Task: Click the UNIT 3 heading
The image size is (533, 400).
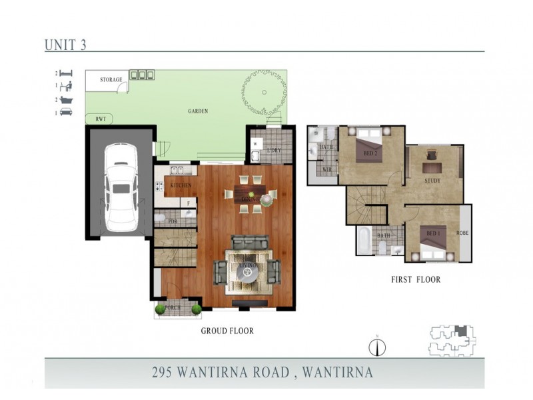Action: [65, 45]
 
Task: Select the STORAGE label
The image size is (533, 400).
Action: [111, 80]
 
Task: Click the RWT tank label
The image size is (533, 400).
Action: [101, 119]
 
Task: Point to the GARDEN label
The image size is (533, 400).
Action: [198, 112]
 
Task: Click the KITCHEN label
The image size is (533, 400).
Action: [181, 185]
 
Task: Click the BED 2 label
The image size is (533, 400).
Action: [371, 154]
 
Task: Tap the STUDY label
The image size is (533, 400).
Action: [432, 181]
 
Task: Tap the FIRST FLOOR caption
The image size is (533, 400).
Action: [415, 279]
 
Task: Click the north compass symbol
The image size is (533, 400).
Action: [378, 347]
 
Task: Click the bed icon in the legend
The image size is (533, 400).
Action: [67, 73]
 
